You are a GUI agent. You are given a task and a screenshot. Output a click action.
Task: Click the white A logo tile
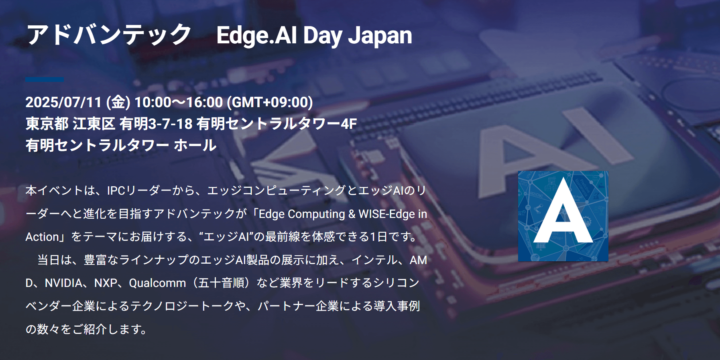563,216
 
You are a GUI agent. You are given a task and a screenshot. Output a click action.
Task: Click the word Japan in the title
380,35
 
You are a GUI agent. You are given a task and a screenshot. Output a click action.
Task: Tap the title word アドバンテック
109,35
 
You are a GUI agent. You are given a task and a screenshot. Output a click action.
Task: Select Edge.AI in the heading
257,36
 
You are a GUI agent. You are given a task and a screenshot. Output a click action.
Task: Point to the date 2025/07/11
63,102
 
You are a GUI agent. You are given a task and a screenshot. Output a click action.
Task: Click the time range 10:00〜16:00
179,102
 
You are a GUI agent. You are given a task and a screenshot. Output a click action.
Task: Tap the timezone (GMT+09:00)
270,102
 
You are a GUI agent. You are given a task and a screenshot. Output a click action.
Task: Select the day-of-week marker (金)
118,102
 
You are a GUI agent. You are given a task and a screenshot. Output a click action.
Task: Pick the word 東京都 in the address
47,124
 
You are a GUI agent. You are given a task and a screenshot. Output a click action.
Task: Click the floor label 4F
349,124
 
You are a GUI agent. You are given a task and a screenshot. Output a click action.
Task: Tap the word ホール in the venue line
195,145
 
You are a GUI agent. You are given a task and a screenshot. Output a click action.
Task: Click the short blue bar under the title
45,79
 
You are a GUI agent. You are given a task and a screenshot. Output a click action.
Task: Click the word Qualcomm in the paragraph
157,283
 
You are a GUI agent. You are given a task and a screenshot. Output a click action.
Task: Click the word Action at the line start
42,237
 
